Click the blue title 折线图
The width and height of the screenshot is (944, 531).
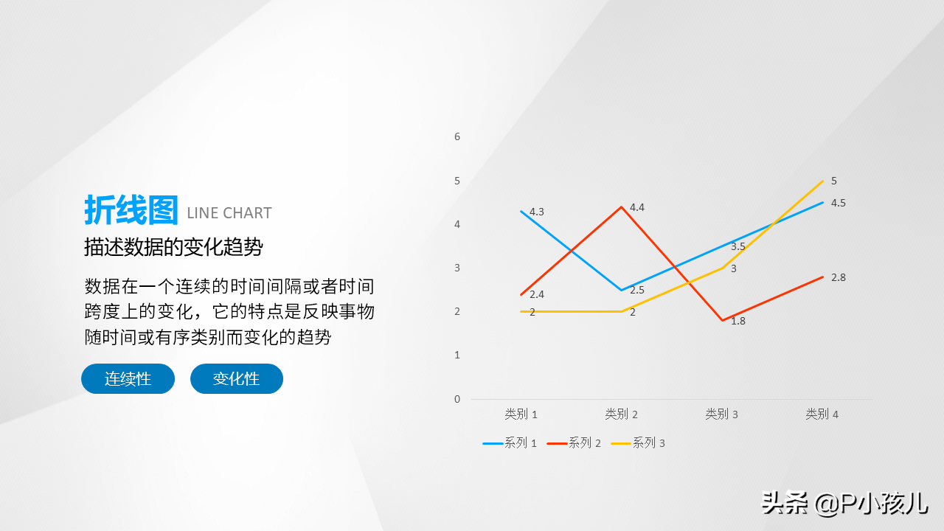tap(131, 210)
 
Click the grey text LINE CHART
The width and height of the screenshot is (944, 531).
tap(229, 213)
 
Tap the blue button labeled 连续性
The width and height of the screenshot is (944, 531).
tap(128, 379)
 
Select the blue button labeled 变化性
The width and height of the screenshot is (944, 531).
tap(237, 379)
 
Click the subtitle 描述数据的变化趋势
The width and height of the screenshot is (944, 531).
tap(173, 247)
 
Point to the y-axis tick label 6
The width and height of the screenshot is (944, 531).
tap(457, 136)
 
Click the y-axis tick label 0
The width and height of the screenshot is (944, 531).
tap(457, 399)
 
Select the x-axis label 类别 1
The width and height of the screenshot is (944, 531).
tap(521, 414)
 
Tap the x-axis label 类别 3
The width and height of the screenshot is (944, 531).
tap(721, 414)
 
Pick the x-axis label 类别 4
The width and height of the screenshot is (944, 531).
tap(822, 414)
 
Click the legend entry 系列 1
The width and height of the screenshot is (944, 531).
tap(510, 443)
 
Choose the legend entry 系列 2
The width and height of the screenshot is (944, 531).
tap(574, 443)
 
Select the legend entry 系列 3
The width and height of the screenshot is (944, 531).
tap(638, 443)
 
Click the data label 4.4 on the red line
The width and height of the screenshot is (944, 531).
tap(636, 207)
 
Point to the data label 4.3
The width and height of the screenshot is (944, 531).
tap(536, 212)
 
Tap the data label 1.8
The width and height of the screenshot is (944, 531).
tap(738, 321)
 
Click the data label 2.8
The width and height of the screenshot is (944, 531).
tap(839, 277)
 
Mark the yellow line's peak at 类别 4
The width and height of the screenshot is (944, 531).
tap(822, 181)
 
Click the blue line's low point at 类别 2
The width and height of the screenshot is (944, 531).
tap(621, 290)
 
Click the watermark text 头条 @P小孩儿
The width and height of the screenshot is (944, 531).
tap(844, 503)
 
